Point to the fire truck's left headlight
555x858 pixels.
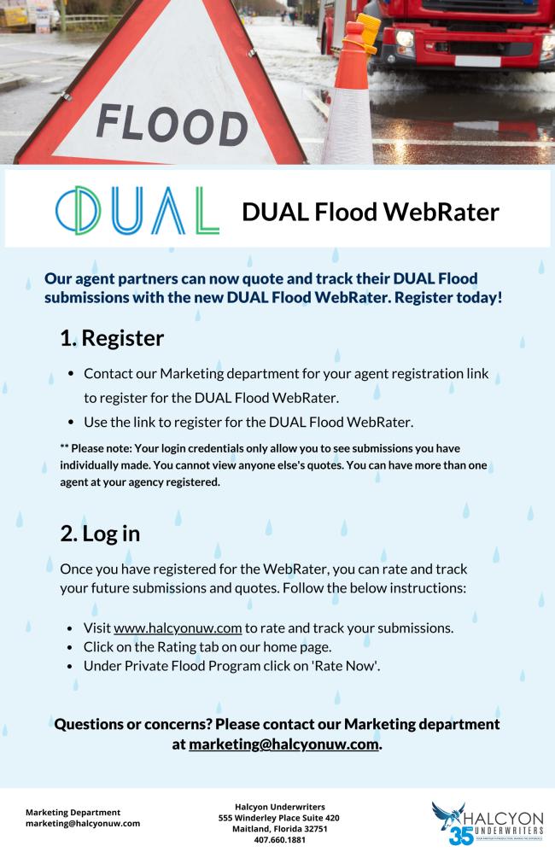tap(405, 38)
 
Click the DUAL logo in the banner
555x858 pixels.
tap(137, 209)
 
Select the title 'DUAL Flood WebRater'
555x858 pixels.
tap(370, 212)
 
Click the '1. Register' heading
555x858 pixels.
tap(112, 338)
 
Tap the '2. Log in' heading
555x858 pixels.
tap(100, 534)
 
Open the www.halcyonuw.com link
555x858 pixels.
tap(178, 627)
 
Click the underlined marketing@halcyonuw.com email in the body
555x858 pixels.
tap(284, 744)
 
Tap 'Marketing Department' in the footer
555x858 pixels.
tap(73, 812)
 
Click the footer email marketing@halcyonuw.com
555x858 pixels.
tap(83, 824)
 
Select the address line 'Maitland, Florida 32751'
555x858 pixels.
tap(278, 828)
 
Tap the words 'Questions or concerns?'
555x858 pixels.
tap(132, 724)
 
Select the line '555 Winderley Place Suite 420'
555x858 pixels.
tap(278, 817)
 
